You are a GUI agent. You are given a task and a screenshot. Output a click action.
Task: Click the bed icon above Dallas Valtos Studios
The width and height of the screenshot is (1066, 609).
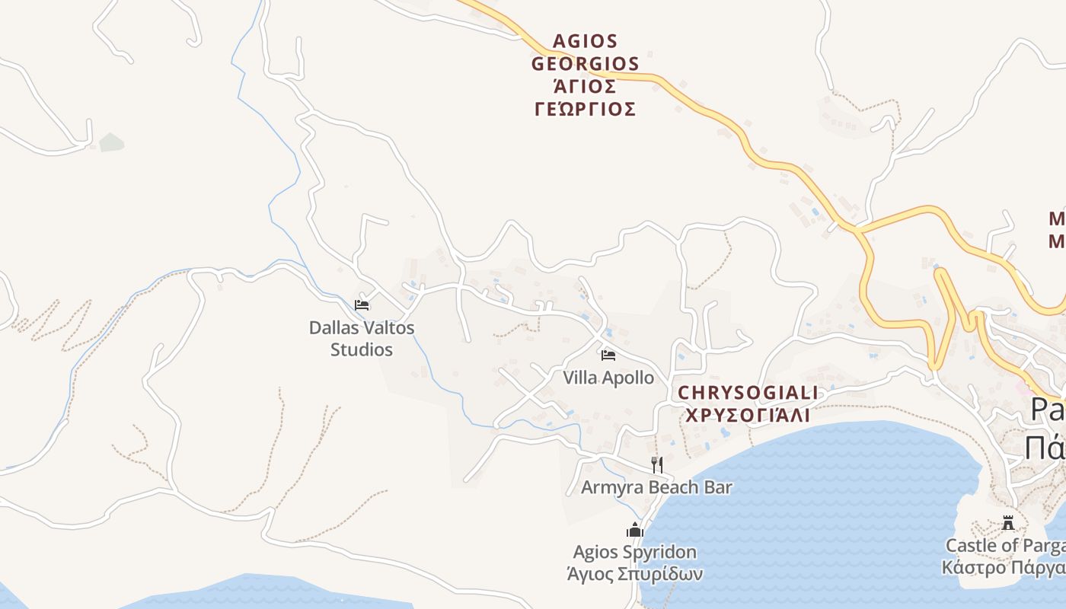click(362, 305)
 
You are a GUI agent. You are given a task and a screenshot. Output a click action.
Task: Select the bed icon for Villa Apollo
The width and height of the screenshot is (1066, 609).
click(608, 355)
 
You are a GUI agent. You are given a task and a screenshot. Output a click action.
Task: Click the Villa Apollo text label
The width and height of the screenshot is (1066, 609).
click(608, 378)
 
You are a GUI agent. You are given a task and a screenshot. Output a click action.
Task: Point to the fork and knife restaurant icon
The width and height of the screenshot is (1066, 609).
click(656, 464)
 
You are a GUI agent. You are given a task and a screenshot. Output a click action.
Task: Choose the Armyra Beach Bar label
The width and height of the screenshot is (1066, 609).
click(656, 487)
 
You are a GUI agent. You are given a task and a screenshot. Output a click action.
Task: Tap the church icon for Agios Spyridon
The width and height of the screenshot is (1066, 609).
click(635, 530)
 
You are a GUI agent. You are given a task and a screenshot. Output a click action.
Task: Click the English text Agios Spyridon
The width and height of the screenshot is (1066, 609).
click(635, 552)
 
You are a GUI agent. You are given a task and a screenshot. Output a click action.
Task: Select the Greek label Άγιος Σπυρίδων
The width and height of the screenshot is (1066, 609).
click(635, 574)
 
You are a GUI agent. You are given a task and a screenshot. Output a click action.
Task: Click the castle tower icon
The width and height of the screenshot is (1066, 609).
click(1008, 523)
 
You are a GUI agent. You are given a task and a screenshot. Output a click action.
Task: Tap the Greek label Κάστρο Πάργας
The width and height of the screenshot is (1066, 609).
click(1004, 568)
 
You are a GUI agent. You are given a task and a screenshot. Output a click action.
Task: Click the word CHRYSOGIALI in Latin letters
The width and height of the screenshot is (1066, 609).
click(748, 393)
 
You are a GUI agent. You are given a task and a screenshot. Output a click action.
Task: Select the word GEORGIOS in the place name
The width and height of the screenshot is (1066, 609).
click(585, 63)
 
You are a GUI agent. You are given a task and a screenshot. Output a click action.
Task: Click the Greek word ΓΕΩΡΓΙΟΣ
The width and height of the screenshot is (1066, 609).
click(585, 110)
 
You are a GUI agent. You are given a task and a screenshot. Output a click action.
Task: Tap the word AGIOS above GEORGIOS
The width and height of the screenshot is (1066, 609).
click(585, 40)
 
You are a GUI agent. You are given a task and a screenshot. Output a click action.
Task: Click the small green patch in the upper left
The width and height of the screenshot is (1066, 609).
click(111, 142)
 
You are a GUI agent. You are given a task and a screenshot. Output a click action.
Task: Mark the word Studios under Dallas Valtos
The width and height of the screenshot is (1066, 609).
click(362, 350)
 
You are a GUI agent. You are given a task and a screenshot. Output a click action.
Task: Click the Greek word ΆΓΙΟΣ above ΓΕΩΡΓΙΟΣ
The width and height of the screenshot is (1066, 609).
click(585, 86)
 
